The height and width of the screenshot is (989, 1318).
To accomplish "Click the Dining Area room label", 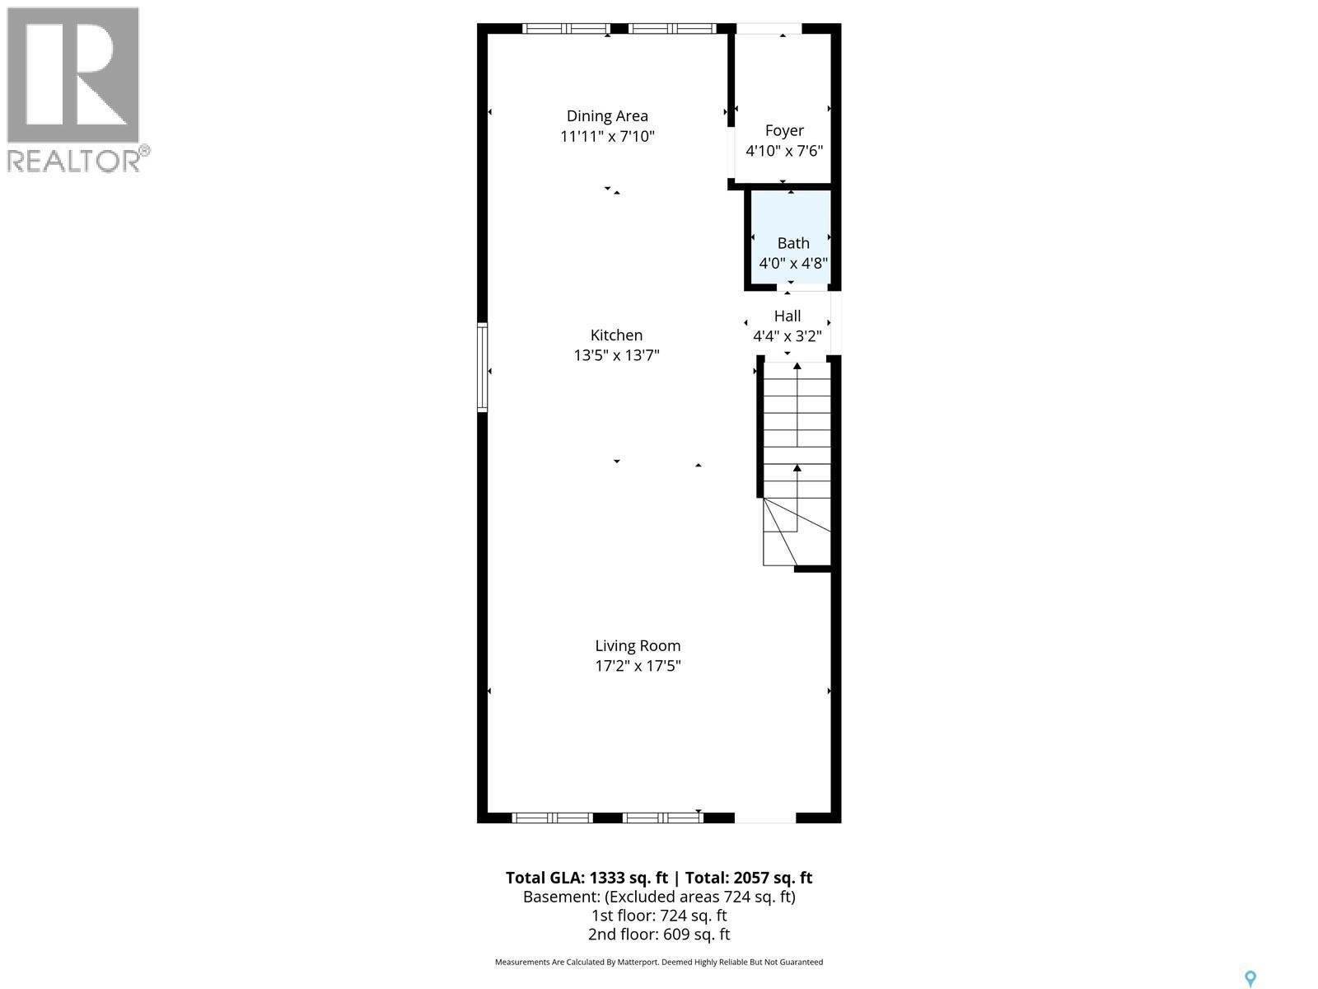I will coord(607,116).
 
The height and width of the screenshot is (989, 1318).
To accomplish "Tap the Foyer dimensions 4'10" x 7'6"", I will coord(784,151).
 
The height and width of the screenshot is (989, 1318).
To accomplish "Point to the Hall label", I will coord(788,316).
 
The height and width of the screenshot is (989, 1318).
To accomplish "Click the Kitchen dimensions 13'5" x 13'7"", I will coord(616,355).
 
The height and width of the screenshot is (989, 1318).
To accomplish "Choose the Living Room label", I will coord(638,646).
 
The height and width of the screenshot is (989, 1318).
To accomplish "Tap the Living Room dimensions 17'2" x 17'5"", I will coord(638,666).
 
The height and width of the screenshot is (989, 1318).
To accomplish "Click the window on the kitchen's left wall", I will coord(483,368).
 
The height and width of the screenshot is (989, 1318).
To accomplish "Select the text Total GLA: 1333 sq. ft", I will coord(587,878).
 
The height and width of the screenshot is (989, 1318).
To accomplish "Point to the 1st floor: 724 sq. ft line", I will coord(659,916).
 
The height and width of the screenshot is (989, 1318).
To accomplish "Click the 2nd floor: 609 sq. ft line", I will coord(659,935).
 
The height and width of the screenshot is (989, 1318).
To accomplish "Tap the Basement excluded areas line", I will coord(659,897).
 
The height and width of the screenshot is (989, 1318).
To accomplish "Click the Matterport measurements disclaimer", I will coord(659,962).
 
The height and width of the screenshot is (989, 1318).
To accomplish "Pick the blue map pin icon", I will coord(1250,978).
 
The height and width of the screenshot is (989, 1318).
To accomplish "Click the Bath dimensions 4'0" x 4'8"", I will coord(792,264).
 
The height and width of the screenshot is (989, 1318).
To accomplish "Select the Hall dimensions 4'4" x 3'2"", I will coord(788,336).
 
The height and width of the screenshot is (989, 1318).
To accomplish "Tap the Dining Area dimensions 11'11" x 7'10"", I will coord(607,136).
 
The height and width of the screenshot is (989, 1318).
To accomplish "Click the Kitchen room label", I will coord(616,335).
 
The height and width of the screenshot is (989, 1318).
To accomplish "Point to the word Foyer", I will coord(784,130).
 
